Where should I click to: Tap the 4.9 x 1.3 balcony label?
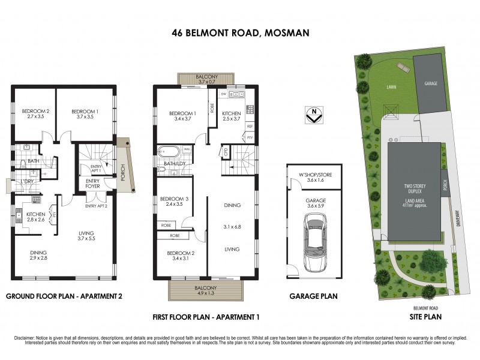207,291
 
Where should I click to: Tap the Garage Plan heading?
313,296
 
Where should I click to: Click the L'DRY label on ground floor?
27,182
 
